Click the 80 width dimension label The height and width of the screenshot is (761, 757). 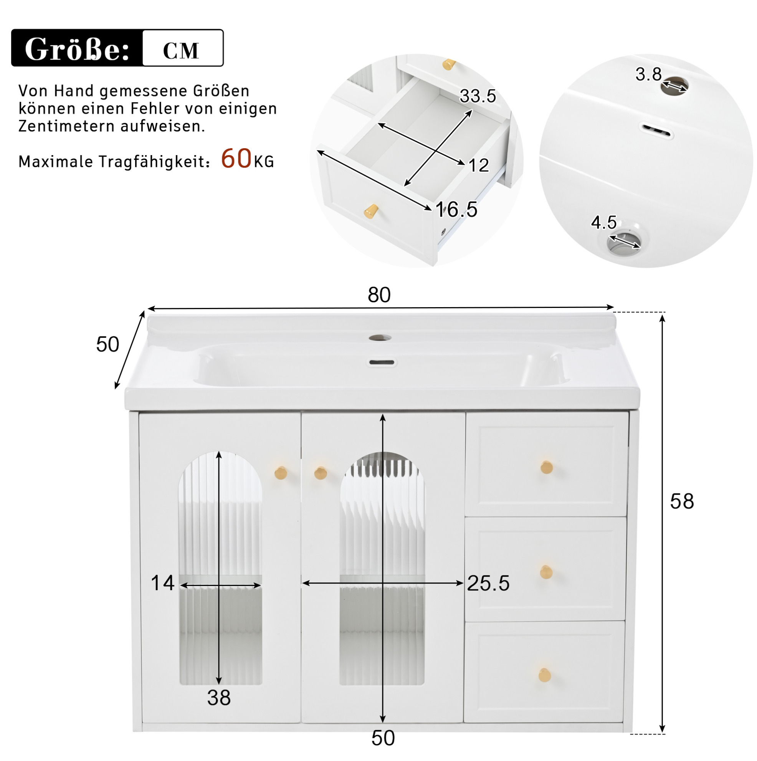[379, 294]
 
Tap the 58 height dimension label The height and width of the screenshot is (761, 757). [682, 501]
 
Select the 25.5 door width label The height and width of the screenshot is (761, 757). [488, 583]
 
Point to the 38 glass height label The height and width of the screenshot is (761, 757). [219, 698]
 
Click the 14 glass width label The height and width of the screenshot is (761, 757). [162, 583]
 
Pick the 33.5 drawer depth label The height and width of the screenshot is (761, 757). [478, 96]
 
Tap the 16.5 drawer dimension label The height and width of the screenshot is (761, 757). [456, 209]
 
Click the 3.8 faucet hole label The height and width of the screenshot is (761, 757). [648, 74]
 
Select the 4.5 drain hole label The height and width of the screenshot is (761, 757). [603, 222]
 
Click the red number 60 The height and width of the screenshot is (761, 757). [236, 158]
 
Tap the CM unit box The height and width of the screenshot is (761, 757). [183, 48]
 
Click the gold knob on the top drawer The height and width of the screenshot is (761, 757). [547, 467]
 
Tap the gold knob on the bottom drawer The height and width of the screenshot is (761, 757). [545, 675]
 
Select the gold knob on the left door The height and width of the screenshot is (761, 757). [281, 472]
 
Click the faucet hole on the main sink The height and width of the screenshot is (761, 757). [380, 337]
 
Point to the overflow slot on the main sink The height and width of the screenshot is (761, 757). [381, 362]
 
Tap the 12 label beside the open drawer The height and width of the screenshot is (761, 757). [479, 165]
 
